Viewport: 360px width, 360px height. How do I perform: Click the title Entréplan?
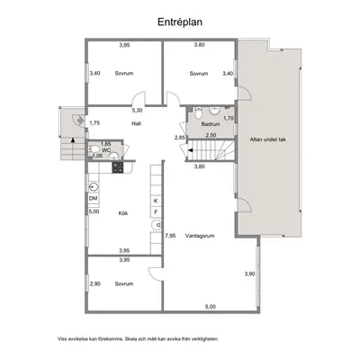180,22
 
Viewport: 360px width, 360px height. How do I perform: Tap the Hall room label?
136,123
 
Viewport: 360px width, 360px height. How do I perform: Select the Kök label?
123,213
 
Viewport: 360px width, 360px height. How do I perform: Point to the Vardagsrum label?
200,236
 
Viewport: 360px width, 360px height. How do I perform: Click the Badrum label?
211,124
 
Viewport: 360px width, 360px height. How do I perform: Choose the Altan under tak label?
268,139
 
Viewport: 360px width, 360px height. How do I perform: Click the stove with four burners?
118,167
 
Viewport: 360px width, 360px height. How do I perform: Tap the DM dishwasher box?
94,199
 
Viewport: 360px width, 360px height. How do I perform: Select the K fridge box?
156,201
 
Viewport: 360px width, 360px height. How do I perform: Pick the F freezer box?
156,212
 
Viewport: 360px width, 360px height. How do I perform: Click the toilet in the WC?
94,148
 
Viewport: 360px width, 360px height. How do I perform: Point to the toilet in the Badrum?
198,113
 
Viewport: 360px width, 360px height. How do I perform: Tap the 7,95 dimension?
170,236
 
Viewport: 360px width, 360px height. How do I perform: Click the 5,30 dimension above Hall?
137,111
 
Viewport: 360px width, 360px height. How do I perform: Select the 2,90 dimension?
95,283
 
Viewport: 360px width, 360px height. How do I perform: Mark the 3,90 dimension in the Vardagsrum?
249,274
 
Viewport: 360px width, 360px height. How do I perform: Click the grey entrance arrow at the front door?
80,121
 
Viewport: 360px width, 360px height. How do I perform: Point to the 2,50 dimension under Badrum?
211,135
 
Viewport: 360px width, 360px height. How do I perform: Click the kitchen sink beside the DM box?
94,187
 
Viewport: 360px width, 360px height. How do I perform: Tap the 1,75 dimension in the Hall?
94,122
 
